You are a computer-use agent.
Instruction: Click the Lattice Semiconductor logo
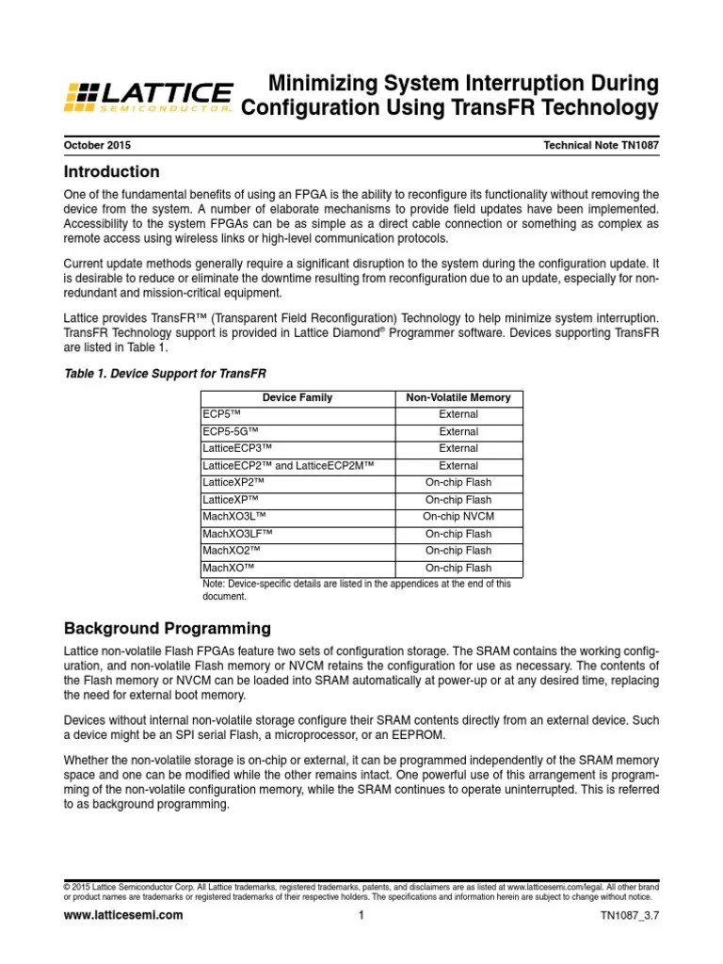click(148, 97)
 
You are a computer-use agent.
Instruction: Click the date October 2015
click(97, 146)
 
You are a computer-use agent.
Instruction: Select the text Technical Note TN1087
click(601, 146)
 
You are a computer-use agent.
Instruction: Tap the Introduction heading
click(111, 172)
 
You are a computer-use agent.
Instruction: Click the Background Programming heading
click(167, 628)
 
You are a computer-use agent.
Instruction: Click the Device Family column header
click(297, 397)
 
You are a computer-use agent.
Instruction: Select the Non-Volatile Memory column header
click(458, 397)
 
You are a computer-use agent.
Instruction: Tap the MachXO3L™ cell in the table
click(234, 517)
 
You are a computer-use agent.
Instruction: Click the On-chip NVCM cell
click(458, 517)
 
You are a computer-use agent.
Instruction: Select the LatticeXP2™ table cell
click(235, 483)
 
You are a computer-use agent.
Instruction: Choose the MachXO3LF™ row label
click(238, 534)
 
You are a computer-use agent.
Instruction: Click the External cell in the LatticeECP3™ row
click(458, 448)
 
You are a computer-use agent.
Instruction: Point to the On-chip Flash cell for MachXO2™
click(458, 551)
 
